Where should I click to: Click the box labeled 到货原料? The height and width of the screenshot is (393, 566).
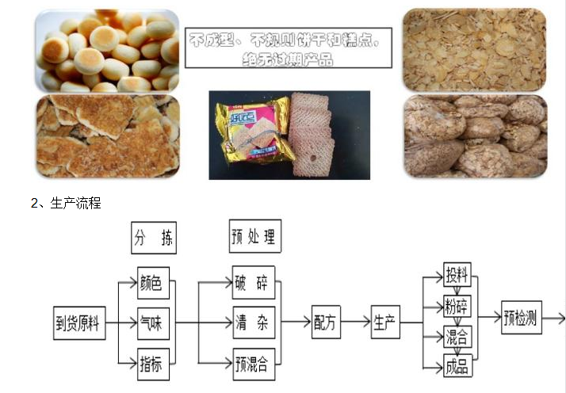[x=78, y=322]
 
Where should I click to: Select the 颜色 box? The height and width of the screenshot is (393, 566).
[x=153, y=283]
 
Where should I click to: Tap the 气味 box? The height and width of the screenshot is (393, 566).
[x=153, y=322]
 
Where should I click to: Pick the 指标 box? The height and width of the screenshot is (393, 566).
[x=153, y=363]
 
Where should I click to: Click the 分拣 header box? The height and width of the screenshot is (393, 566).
[x=153, y=237]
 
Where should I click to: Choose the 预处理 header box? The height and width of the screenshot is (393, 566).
[x=254, y=237]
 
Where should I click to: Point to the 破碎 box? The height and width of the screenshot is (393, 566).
[x=254, y=283]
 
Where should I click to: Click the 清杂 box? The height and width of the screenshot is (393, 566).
[x=254, y=322]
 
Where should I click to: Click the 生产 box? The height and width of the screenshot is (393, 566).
[x=387, y=322]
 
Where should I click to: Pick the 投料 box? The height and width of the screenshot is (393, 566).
[x=457, y=277]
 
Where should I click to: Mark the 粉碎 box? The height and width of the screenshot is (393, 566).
[x=457, y=306]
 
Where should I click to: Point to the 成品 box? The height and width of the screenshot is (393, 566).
[x=457, y=365]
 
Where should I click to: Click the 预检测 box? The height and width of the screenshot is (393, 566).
[x=521, y=319]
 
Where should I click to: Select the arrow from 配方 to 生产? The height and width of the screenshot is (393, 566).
[x=358, y=322]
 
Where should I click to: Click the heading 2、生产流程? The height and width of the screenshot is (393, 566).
[x=66, y=203]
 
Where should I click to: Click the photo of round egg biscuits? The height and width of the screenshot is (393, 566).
[x=107, y=49]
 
